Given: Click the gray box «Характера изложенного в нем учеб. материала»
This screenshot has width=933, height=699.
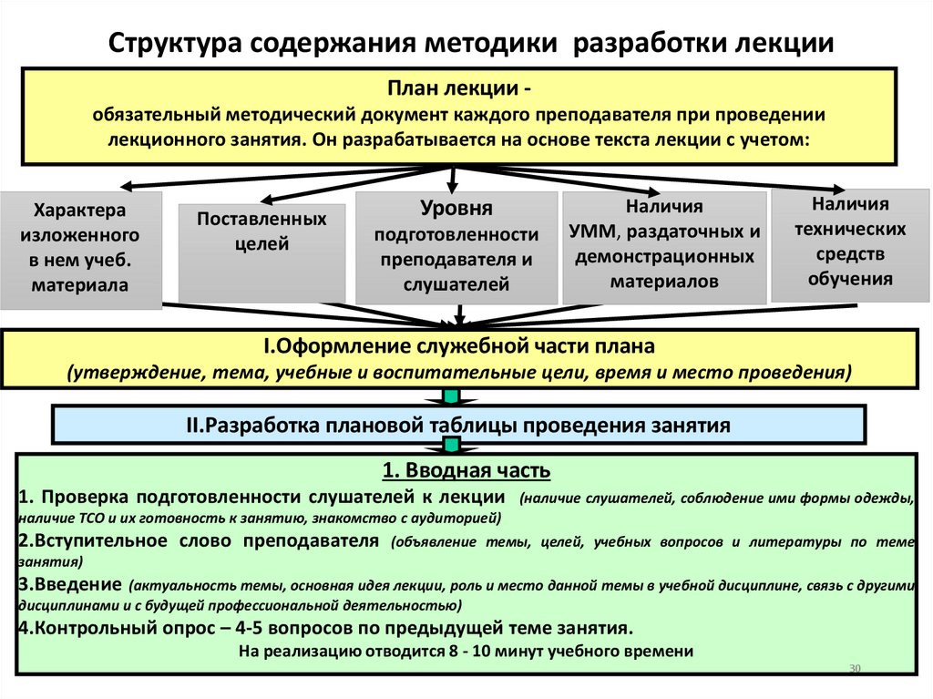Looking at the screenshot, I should click(x=81, y=248).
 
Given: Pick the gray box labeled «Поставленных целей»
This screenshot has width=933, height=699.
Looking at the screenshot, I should click(x=262, y=252).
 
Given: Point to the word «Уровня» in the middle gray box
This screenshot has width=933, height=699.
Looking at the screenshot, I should click(x=456, y=209).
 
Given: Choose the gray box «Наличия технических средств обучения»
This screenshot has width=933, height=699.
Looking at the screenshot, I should click(x=850, y=242).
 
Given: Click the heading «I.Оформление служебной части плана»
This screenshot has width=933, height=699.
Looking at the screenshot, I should click(x=459, y=347).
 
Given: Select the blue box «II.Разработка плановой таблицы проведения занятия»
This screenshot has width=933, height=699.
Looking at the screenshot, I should click(x=459, y=424).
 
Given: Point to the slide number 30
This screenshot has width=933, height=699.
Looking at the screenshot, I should click(x=854, y=669).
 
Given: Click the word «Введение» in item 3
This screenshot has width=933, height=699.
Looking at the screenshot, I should click(x=77, y=583).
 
